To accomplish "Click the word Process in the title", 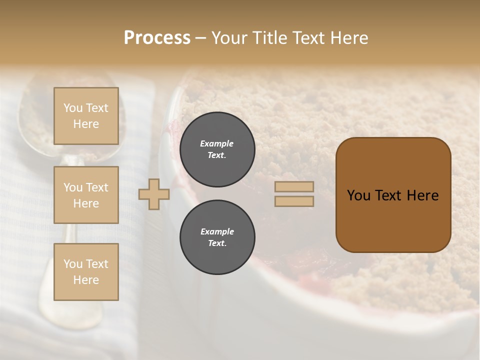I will click(157, 38).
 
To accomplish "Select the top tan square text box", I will click(86, 116).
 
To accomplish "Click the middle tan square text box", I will click(86, 195).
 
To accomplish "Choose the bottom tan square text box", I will click(86, 271).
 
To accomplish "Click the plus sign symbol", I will click(154, 194).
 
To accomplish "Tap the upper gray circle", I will click(217, 149).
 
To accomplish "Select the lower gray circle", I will click(217, 237).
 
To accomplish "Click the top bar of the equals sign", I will click(294, 187).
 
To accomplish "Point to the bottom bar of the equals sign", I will click(294, 201).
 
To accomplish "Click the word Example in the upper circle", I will click(216, 143).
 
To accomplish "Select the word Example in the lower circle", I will click(217, 231).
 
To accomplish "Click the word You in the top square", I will click(72, 108).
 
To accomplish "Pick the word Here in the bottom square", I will click(86, 280).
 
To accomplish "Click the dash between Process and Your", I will click(200, 38).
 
